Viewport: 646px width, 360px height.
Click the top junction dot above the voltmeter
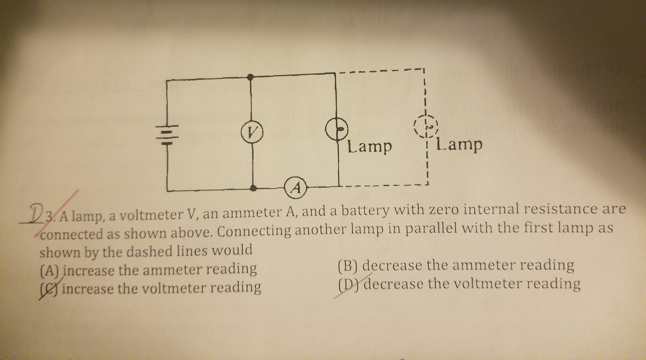[x=251, y=77]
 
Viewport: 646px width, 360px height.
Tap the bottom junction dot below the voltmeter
[x=253, y=188]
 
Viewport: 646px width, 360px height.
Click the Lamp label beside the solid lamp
[x=370, y=147]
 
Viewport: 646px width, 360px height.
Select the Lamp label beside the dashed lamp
[x=459, y=145]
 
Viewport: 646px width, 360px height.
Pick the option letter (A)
[x=50, y=272]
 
